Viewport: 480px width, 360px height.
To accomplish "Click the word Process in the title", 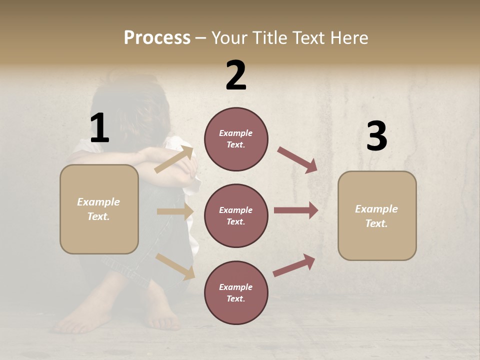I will point(157,38).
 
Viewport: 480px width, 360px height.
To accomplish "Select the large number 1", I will point(99,128).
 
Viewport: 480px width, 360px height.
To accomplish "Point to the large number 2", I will point(236,75).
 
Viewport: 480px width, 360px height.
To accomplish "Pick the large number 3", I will point(376,136).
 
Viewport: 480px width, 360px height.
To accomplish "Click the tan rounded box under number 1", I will point(99,209).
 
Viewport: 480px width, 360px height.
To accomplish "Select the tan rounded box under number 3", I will point(377,216).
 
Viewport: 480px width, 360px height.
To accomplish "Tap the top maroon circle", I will point(236,139).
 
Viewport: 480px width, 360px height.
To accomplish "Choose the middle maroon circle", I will point(236,216).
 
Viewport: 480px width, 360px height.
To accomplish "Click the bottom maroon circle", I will point(236,293).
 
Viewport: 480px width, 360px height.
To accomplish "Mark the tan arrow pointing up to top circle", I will point(173,159).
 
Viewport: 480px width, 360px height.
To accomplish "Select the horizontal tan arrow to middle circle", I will point(174,211).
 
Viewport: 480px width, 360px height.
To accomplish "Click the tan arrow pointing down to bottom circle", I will point(175,266).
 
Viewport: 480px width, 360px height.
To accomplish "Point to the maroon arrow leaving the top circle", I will point(297,159).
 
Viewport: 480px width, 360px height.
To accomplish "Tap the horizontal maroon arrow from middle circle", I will point(295,210).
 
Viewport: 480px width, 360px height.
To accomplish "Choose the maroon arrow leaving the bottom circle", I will point(294,265).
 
